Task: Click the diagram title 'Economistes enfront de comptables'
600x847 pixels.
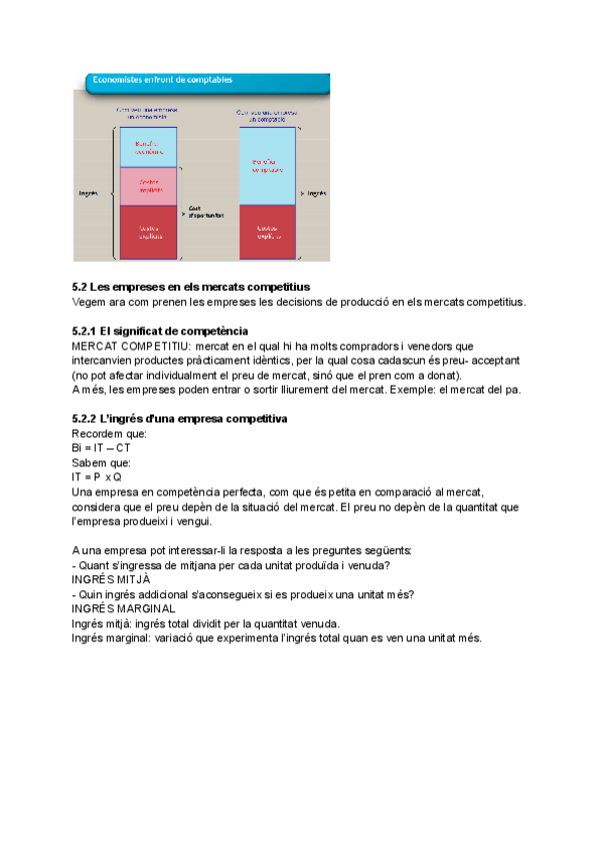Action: [x=162, y=79]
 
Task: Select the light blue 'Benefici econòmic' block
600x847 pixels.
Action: [x=149, y=148]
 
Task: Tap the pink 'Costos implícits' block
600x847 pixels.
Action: [x=149, y=186]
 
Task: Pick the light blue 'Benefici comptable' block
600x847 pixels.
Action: [x=266, y=166]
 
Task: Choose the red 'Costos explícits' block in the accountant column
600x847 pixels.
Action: [x=266, y=232]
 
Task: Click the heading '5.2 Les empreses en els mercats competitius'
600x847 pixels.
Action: [x=192, y=288]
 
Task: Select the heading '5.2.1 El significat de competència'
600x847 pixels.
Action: [x=160, y=331]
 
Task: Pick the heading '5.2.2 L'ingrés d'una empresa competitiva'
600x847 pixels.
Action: [x=180, y=419]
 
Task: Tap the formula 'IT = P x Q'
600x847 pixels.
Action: [x=97, y=476]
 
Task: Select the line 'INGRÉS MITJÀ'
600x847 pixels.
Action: [x=111, y=579]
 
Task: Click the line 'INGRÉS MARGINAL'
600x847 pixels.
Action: [x=124, y=608]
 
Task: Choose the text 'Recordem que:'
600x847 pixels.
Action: [x=110, y=433]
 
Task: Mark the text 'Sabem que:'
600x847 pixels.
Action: [x=102, y=462]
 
